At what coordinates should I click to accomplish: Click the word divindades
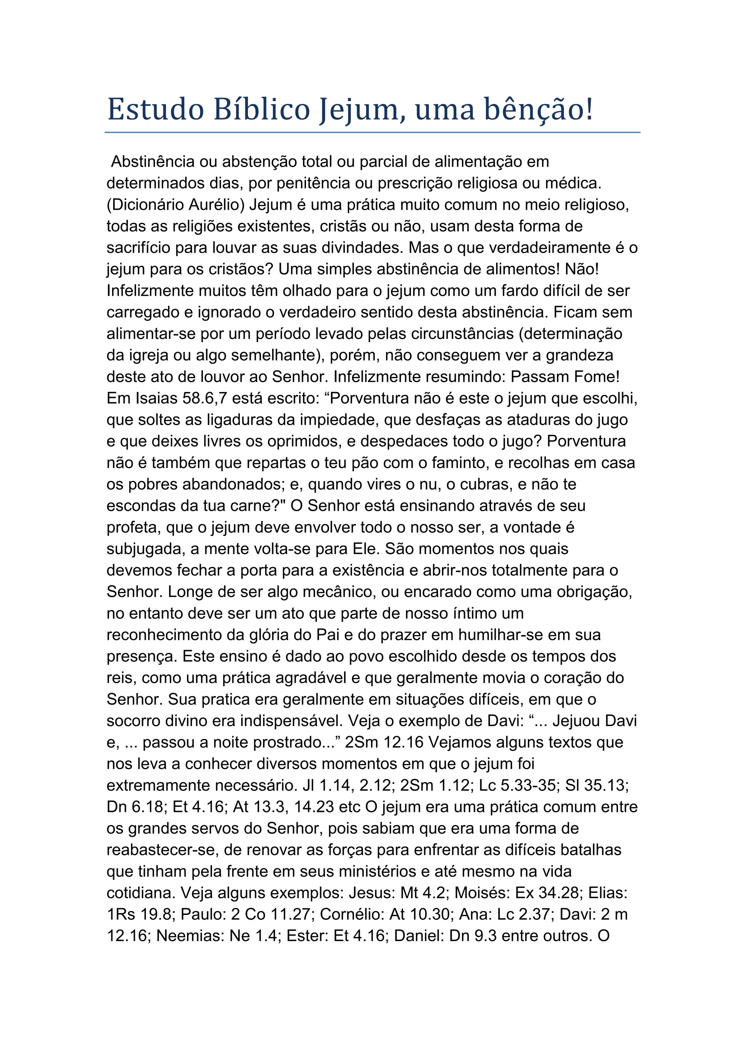pos(362,248)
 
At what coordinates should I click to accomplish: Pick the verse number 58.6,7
pos(204,398)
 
